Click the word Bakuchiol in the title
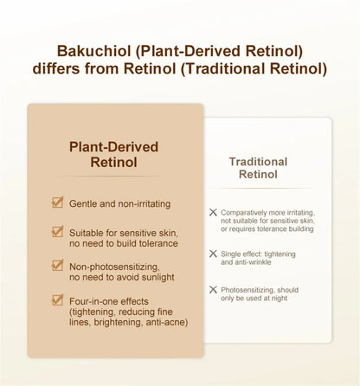(x=93, y=51)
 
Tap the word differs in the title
(x=56, y=68)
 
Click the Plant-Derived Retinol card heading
(x=113, y=154)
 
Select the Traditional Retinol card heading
(x=258, y=168)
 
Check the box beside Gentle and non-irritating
(x=57, y=203)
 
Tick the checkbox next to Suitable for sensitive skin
(x=57, y=231)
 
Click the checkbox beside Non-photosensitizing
(x=57, y=265)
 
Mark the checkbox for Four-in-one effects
(x=57, y=299)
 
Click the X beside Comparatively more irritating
(x=213, y=212)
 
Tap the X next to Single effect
(x=213, y=254)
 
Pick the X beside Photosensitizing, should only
(x=213, y=290)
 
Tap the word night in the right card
(x=280, y=299)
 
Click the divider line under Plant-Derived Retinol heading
(x=112, y=176)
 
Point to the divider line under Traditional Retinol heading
(x=260, y=189)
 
